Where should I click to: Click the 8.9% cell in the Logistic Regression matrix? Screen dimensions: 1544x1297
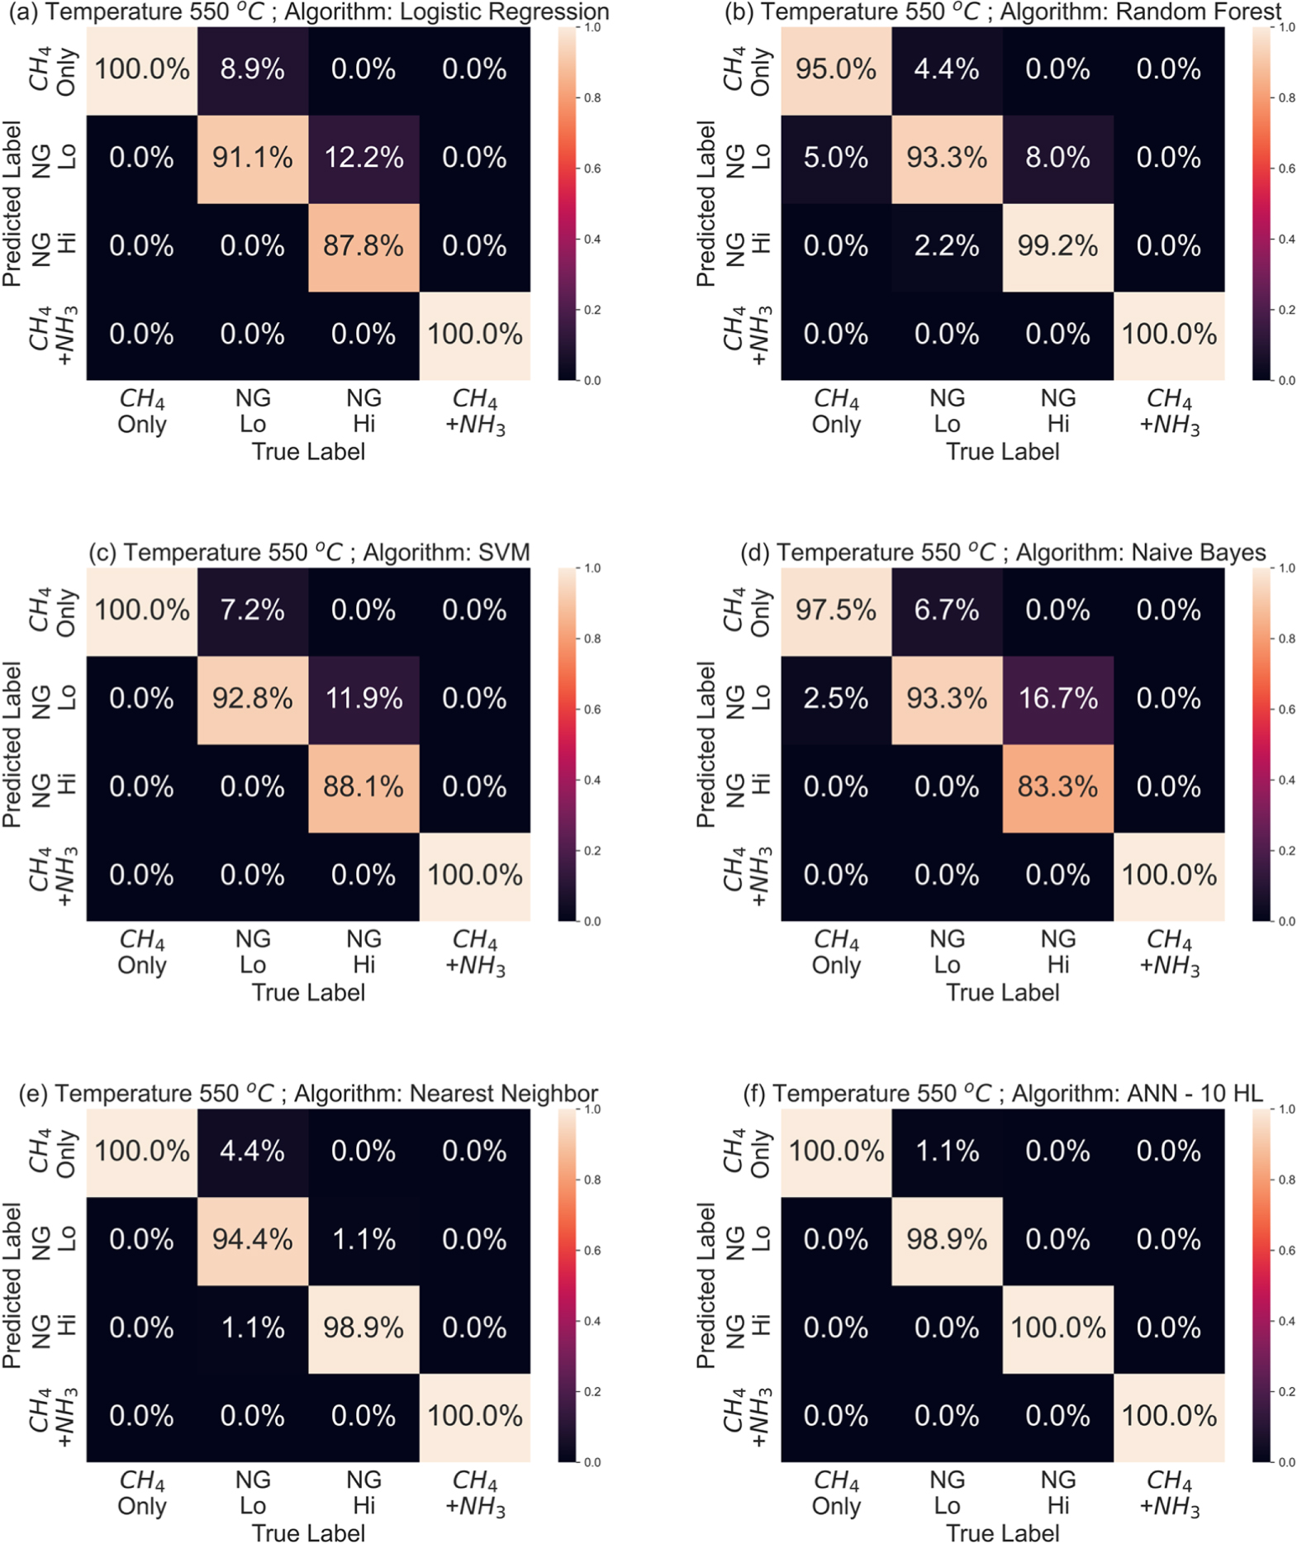pos(252,69)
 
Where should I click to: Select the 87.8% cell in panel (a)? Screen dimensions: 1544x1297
pos(363,246)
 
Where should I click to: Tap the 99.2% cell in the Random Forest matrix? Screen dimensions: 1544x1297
pos(1057,246)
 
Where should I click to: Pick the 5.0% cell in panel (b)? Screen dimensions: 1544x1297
pos(835,158)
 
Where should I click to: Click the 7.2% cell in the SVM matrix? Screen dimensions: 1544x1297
pos(252,610)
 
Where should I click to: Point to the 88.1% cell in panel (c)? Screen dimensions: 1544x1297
pos(363,787)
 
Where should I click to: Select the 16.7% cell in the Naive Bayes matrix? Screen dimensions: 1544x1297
pos(1057,699)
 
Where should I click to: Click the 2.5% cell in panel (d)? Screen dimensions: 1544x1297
pos(835,699)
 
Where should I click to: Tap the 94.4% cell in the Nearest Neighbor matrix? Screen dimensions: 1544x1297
pos(252,1240)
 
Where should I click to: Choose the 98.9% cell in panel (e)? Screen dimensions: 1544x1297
pos(363,1328)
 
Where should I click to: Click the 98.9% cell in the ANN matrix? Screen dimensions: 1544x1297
pos(947,1240)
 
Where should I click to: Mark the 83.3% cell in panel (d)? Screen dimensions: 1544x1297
pos(1057,787)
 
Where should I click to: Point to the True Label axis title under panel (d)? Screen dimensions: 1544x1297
pos(1002,992)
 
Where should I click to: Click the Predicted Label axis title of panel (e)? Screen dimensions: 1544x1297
pos(12,1285)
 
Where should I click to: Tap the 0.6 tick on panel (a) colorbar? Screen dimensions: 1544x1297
pos(593,169)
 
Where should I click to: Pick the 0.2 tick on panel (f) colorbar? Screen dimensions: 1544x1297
pos(1287,1392)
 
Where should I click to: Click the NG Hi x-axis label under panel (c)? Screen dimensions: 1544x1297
pos(363,953)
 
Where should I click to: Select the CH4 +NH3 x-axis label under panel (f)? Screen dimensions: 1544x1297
pos(1169,1494)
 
